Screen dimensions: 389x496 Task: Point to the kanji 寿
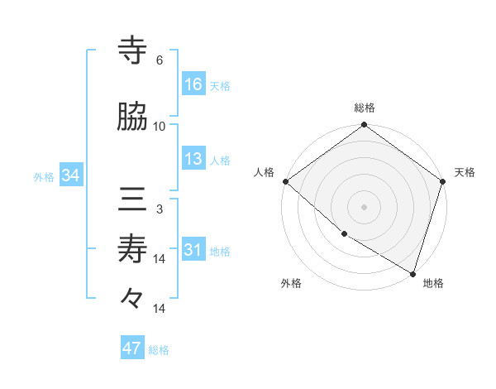(x=133, y=249)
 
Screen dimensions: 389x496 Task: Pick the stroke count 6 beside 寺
(x=160, y=60)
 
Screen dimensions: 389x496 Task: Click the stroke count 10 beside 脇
(x=160, y=126)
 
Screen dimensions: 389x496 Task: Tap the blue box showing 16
(x=193, y=84)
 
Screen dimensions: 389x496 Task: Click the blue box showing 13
(x=193, y=159)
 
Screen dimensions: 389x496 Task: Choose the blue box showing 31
(x=193, y=250)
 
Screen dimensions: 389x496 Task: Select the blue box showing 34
(x=69, y=175)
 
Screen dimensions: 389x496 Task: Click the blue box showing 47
(x=132, y=348)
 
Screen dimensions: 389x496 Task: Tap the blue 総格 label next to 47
(x=159, y=350)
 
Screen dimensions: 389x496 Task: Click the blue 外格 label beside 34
(x=44, y=176)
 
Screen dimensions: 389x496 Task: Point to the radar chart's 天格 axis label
(x=465, y=172)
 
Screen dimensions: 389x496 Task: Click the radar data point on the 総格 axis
(x=365, y=126)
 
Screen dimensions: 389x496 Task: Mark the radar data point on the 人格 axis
(x=285, y=181)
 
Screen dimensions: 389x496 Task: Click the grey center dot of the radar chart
(x=365, y=206)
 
